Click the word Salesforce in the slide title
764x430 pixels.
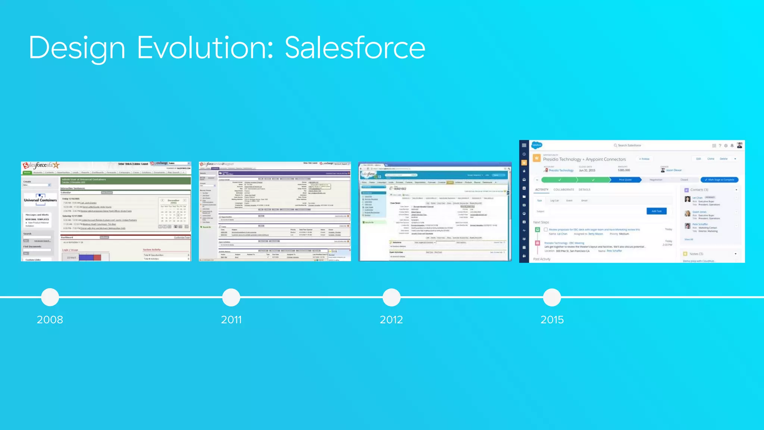[355, 48]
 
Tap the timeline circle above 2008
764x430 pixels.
[50, 297]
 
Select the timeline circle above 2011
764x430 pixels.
[231, 297]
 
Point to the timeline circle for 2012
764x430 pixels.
[391, 297]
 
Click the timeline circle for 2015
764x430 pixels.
[552, 297]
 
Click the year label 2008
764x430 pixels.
[50, 320]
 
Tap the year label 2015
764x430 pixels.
[552, 320]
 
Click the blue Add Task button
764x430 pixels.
[656, 211]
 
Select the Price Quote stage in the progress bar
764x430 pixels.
[625, 180]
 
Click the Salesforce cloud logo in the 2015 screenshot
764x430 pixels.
[537, 145]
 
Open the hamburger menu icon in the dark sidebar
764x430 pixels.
[524, 145]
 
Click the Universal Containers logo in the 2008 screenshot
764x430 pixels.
[40, 198]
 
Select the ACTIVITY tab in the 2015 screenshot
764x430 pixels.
[542, 190]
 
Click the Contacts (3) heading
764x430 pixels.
[699, 190]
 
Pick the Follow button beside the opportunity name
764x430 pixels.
[645, 159]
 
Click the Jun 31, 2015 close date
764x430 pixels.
[587, 171]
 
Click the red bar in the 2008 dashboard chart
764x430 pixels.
[97, 258]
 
